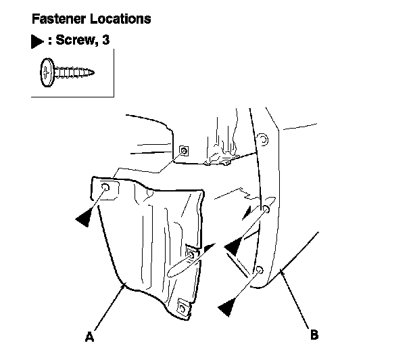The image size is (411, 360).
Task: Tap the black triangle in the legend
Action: pyautogui.click(x=38, y=42)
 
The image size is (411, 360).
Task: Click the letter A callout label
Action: pyautogui.click(x=89, y=334)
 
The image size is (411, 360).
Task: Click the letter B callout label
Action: pyautogui.click(x=314, y=334)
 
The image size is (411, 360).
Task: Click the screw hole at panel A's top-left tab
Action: pyautogui.click(x=106, y=188)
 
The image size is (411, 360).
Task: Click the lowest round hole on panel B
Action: pyautogui.click(x=258, y=271)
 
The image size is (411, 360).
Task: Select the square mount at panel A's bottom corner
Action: pyautogui.click(x=182, y=307)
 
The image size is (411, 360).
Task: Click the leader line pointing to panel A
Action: pyautogui.click(x=107, y=307)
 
